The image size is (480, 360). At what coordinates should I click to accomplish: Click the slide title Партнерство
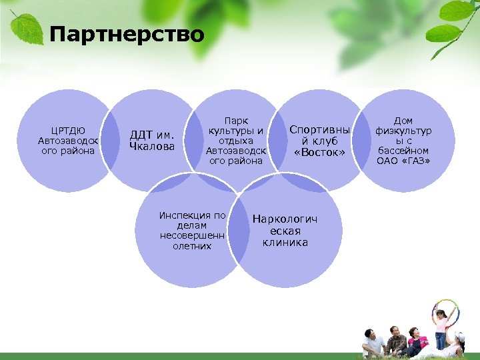[127, 34]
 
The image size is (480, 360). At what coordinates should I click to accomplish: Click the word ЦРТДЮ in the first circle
[67, 131]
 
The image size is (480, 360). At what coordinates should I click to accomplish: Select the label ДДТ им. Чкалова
[152, 141]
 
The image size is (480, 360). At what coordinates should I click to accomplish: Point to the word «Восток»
[320, 153]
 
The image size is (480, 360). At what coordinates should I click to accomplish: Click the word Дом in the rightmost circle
[403, 121]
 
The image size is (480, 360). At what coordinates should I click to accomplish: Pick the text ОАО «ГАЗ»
[403, 161]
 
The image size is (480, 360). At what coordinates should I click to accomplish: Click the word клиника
[285, 243]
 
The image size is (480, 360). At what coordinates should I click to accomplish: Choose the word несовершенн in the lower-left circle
[193, 235]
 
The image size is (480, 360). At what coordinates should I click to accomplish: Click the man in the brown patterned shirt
[396, 340]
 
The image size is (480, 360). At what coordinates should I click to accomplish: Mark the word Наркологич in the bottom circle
[285, 219]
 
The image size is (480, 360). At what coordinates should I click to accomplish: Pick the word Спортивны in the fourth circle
[320, 131]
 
